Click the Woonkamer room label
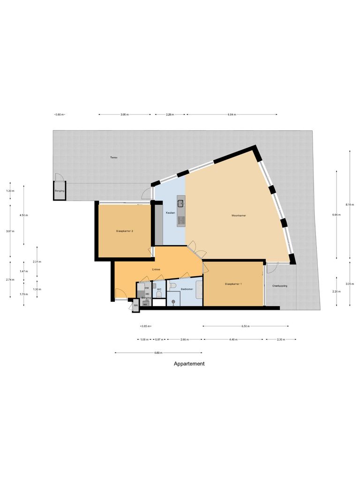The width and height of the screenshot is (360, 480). (x=239, y=216)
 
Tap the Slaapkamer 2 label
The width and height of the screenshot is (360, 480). (x=125, y=231)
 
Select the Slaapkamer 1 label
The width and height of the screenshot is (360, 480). (x=233, y=284)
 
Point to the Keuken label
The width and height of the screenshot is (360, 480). (x=170, y=213)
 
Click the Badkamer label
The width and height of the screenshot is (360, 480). (x=187, y=289)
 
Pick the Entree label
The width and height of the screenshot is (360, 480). (x=156, y=270)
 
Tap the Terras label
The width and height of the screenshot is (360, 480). (x=113, y=157)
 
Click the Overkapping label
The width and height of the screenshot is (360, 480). (x=280, y=286)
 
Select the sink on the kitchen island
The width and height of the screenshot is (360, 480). (x=180, y=203)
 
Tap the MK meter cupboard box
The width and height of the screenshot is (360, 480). (x=136, y=305)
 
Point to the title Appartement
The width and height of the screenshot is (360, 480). (x=189, y=363)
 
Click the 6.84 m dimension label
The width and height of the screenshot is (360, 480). (x=232, y=114)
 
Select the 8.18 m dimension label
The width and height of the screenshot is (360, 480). (x=350, y=205)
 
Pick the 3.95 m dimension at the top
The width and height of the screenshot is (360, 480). (x=124, y=114)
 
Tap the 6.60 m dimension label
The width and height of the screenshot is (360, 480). (x=158, y=353)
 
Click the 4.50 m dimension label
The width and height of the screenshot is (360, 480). (x=24, y=215)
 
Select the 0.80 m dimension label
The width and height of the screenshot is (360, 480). (x=59, y=114)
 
